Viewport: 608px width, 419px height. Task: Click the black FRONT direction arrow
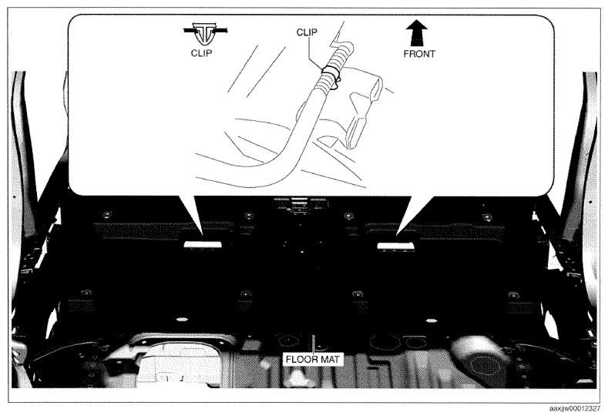[417, 33]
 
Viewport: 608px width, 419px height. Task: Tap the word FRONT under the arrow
[419, 54]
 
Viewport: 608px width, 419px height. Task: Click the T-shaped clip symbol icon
[205, 35]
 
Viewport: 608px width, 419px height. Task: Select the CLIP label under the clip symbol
[201, 53]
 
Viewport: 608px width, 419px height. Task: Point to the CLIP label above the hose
[307, 32]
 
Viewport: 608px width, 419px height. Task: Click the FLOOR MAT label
[313, 360]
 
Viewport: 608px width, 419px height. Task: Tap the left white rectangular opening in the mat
[203, 245]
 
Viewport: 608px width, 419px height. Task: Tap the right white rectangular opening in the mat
[395, 246]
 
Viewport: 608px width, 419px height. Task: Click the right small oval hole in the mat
[431, 320]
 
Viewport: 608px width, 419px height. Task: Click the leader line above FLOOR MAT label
[313, 343]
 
